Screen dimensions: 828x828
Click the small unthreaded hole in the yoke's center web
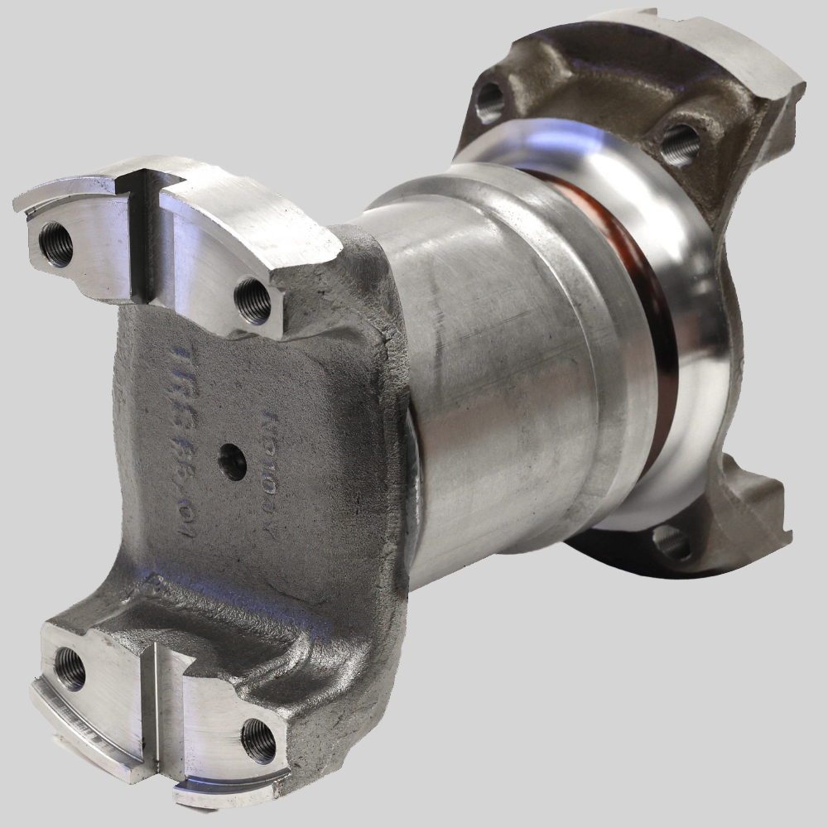(233, 461)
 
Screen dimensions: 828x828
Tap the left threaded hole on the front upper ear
(56, 244)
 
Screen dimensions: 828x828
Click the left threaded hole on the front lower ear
(70, 668)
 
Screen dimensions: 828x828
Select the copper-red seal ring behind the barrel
(654, 331)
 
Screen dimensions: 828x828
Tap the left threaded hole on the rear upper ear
(489, 100)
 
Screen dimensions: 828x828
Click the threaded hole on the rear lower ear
(672, 542)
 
